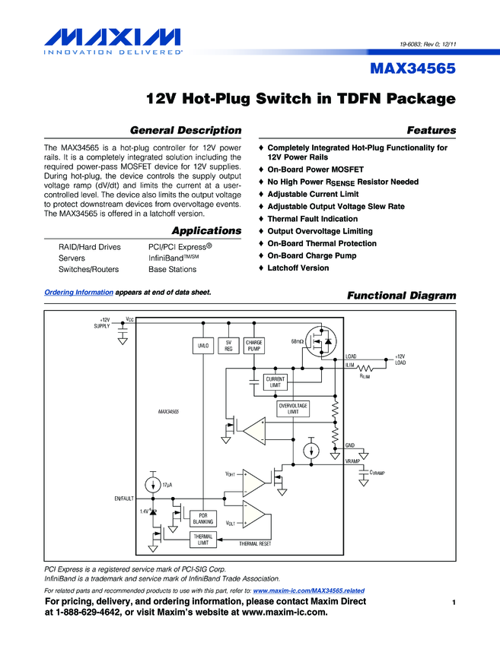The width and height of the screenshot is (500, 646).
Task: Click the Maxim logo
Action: tap(113, 40)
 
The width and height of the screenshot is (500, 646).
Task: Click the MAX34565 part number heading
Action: tap(412, 69)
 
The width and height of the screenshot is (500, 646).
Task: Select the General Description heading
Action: tap(186, 130)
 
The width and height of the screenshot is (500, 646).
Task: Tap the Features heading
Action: tap(432, 130)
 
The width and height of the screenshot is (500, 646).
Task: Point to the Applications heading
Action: tap(206, 230)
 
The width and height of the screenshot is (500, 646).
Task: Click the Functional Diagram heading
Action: tap(401, 295)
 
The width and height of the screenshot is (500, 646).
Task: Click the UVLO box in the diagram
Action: tap(203, 346)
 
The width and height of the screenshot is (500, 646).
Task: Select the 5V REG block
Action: tap(228, 346)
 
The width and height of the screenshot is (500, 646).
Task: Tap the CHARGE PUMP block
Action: tap(253, 346)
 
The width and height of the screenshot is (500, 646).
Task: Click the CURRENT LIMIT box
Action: tap(275, 382)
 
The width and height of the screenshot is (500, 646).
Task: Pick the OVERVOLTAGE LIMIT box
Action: tap(293, 409)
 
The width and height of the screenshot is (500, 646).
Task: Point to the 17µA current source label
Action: tap(168, 485)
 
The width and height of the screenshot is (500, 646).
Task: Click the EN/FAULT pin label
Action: tap(123, 499)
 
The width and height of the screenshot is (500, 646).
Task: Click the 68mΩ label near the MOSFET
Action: tap(297, 341)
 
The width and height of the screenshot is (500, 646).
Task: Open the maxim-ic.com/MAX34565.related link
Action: tap(308, 591)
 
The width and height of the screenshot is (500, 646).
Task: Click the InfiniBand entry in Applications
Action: tap(173, 258)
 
